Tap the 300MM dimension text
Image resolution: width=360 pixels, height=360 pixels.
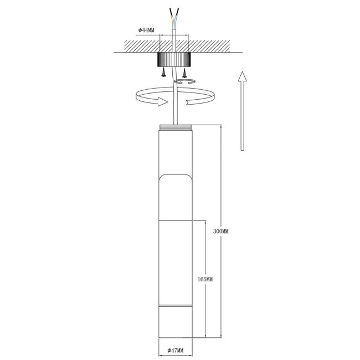click(221, 231)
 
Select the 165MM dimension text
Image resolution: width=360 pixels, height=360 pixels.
click(204, 280)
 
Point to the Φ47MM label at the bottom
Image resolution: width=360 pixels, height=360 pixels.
click(175, 351)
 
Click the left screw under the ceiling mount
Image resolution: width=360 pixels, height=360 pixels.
click(163, 72)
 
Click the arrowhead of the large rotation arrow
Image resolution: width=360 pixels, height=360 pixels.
click(162, 102)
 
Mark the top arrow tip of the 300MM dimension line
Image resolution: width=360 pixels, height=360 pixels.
click(221, 127)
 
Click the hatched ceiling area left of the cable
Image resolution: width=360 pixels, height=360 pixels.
click(141, 45)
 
